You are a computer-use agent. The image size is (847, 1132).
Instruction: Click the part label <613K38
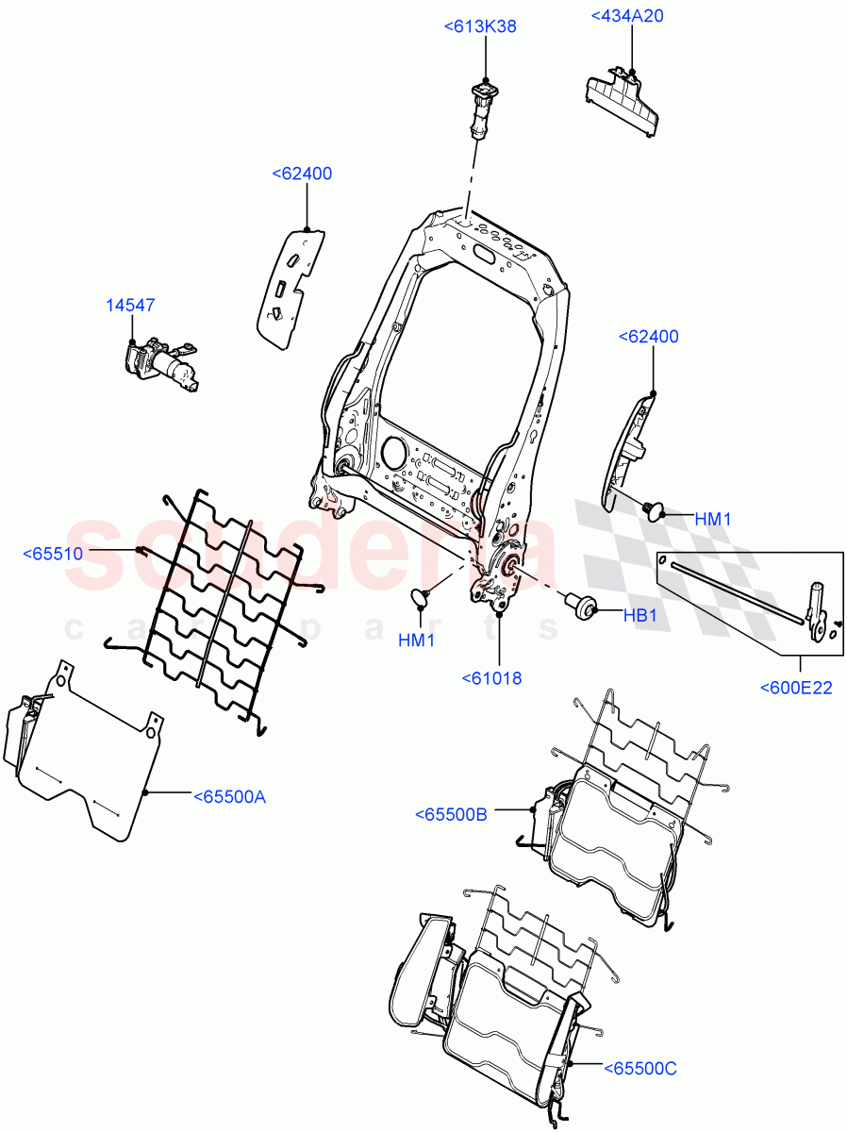point(480,27)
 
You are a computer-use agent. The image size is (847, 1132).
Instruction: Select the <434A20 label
point(627,16)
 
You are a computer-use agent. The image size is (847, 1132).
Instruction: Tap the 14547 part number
point(130,306)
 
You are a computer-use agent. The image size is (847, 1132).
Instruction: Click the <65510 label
point(53,554)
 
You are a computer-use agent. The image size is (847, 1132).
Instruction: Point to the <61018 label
point(491,677)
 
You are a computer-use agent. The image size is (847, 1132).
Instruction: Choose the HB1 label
point(639,614)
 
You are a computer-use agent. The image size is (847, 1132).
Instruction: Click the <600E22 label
point(796,688)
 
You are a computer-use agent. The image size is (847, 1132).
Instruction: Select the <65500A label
point(230,797)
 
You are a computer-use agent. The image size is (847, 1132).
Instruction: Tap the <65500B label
point(451,814)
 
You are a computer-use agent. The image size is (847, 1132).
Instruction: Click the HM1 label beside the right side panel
point(713,519)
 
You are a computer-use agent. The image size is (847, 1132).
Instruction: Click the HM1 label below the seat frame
point(416,640)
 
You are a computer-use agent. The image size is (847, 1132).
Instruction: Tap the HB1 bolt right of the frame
point(580,606)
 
